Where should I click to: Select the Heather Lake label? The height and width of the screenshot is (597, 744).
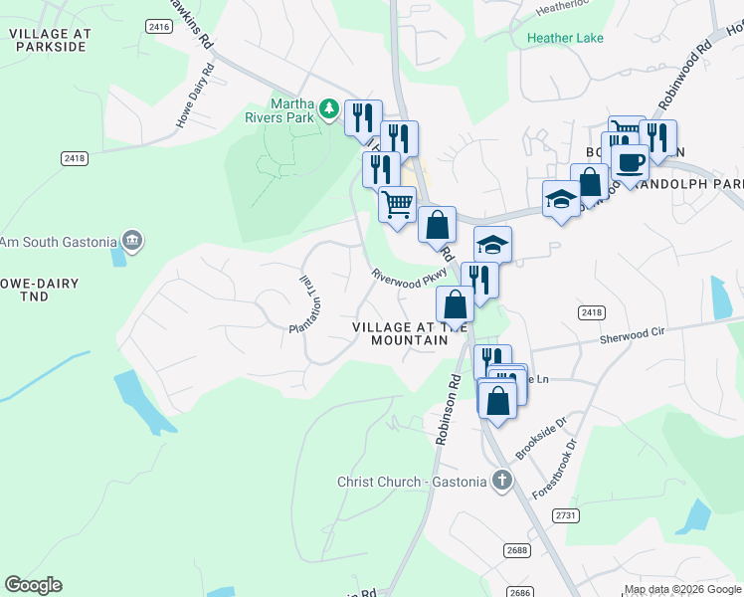pos(565,38)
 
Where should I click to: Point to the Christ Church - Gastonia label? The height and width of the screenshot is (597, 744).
pos(412,483)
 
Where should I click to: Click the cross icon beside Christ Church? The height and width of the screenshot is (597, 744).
pos(503,482)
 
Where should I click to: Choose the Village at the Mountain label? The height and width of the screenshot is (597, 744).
pos(410,333)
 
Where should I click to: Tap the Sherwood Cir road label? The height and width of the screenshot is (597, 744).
pos(631,339)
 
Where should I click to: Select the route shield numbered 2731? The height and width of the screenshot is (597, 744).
pos(566,514)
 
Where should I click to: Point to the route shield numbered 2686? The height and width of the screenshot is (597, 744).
pos(519,591)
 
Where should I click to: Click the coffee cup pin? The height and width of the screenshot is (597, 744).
pos(630,159)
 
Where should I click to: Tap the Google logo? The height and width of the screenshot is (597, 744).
pos(33,585)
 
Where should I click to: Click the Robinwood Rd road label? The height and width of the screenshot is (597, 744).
pos(685,76)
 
